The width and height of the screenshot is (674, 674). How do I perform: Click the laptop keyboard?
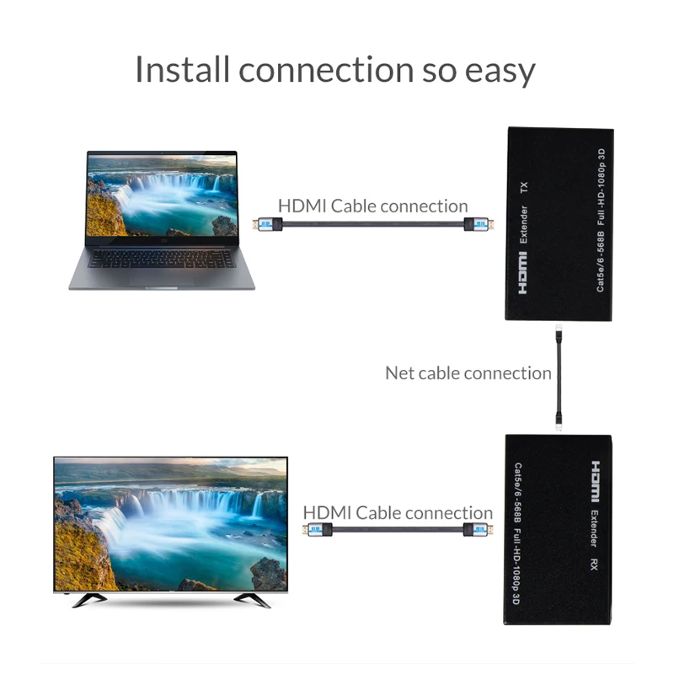click(161, 258)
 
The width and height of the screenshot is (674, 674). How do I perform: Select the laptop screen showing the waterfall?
click(162, 195)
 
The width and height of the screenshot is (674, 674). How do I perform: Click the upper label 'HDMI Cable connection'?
click(372, 206)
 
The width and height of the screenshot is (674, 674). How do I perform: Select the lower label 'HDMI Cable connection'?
click(398, 512)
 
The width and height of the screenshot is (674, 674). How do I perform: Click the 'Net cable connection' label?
click(468, 372)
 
